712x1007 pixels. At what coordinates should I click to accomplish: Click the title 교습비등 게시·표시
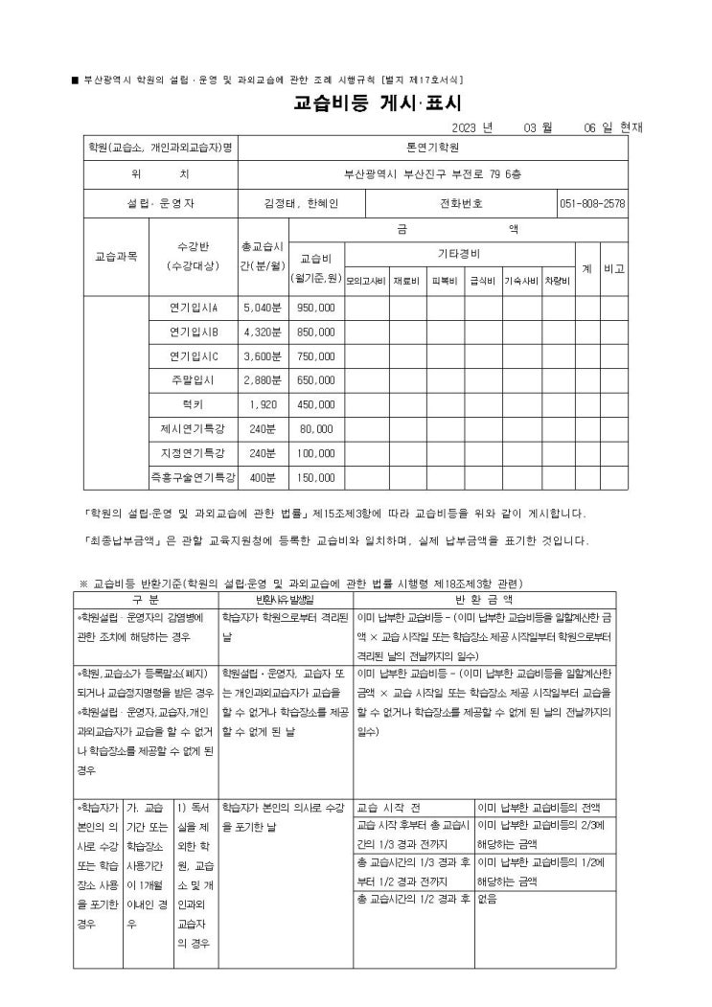pos(377,103)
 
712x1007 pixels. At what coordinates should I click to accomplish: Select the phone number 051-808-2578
pos(592,203)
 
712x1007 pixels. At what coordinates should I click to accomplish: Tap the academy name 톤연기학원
pos(433,148)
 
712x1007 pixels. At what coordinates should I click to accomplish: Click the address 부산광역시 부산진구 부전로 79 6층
pos(433,175)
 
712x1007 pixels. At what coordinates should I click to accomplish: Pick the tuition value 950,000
pos(316,309)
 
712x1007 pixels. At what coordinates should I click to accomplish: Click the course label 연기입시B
pos(194,332)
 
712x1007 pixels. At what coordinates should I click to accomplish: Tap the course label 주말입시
pos(194,380)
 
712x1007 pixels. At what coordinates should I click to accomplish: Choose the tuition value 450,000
pos(316,404)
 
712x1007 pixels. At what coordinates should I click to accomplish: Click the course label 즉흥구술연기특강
pos(194,476)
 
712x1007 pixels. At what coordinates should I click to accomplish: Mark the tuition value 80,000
pos(316,428)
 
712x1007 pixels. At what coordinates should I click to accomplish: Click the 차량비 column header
pos(557,282)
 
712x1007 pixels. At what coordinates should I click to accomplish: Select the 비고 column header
pos(614,269)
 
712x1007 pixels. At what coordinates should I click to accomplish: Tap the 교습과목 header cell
pos(114,257)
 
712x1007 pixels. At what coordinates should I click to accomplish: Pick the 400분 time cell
pos(263,476)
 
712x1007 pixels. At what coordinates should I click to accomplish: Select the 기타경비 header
pos(458,255)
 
